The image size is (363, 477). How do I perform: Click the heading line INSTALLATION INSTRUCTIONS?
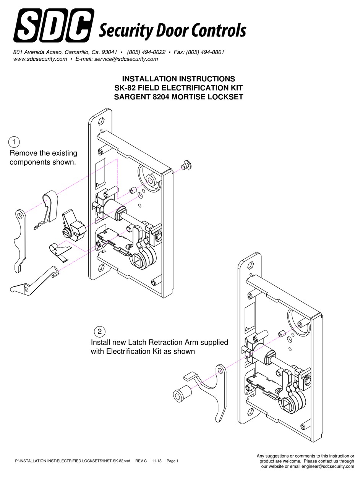tap(178, 79)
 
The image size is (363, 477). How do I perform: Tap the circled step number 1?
tap(14, 142)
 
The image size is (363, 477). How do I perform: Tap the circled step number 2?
tap(99, 331)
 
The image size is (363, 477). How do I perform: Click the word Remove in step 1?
tap(23, 153)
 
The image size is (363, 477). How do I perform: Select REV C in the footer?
tap(141, 461)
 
